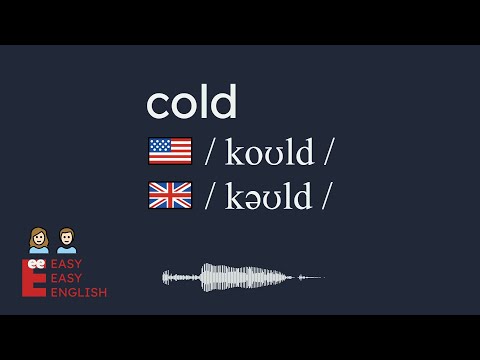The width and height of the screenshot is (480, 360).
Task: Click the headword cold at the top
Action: click(191, 103)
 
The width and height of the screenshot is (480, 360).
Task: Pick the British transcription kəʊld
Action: click(267, 196)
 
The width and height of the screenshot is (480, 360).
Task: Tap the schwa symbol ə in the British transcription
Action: click(256, 199)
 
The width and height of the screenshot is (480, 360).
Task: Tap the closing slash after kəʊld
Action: click(324, 197)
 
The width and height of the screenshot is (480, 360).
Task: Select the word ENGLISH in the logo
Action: click(81, 293)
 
